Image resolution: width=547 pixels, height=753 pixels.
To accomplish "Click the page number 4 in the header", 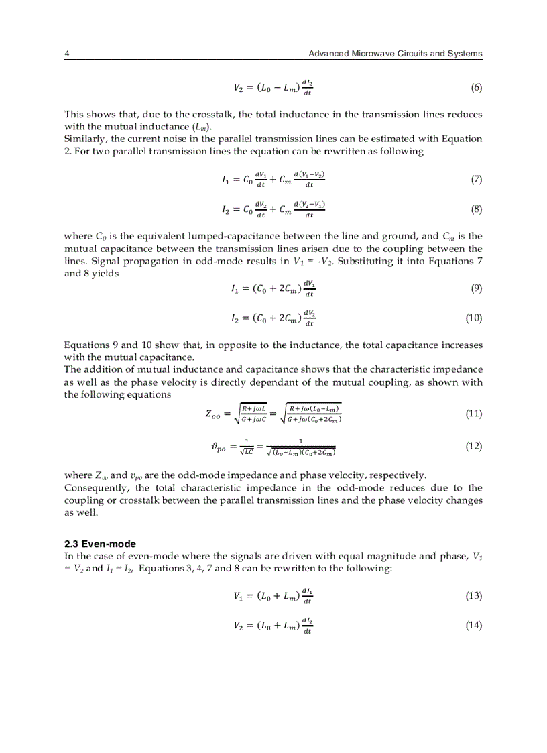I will [66, 54].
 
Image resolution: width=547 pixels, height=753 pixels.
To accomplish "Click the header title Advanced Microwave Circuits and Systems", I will [395, 54].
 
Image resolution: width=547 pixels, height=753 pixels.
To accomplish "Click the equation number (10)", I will [474, 318].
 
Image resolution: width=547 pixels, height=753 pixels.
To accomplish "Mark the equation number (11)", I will [474, 414].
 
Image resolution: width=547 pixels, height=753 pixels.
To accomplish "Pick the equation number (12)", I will [474, 446].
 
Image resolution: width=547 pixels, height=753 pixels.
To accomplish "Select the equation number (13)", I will [474, 596].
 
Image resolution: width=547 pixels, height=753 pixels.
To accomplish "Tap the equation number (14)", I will [474, 626].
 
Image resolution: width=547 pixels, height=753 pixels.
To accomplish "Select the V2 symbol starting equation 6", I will [239, 88].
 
